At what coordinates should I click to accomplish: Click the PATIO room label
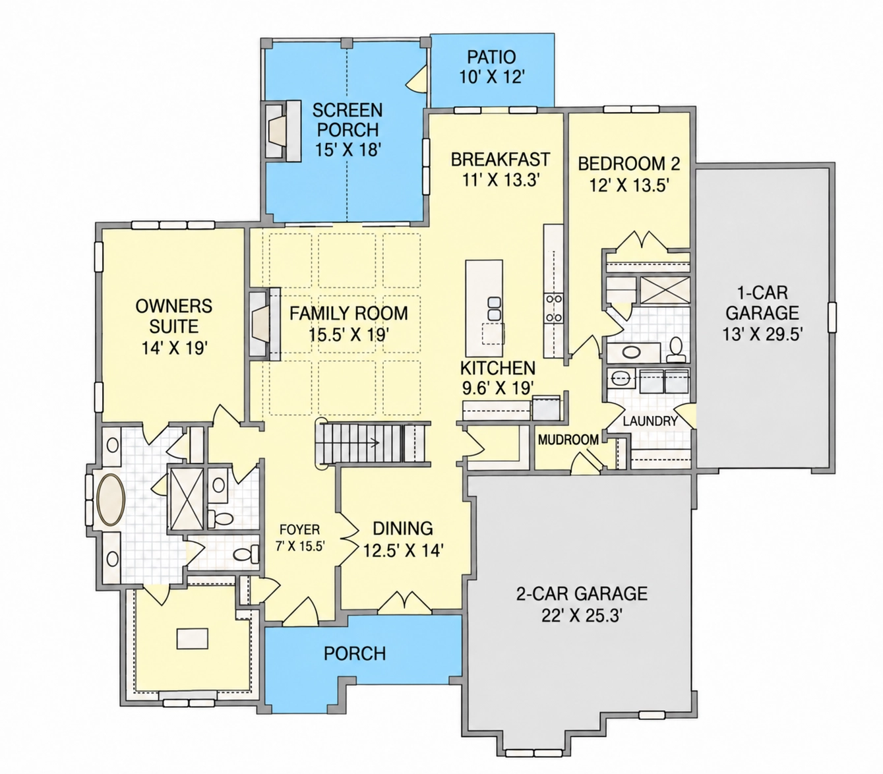click(491, 57)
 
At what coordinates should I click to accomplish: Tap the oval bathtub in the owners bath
click(111, 500)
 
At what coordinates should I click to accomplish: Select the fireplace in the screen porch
click(282, 131)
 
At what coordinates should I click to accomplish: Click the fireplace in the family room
click(264, 324)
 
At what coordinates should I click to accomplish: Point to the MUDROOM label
click(568, 440)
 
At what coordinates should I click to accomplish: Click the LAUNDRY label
click(650, 421)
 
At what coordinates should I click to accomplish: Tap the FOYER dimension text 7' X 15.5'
click(300, 546)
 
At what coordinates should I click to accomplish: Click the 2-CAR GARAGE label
click(582, 593)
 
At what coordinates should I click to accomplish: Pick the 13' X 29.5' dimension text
click(763, 334)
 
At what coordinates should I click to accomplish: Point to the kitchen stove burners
click(553, 308)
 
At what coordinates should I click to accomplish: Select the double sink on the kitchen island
click(494, 308)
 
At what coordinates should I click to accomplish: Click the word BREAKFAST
click(501, 159)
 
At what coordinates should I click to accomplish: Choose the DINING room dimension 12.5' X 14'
click(404, 551)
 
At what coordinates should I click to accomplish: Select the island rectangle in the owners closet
click(192, 638)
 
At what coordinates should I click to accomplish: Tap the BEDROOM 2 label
click(629, 164)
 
